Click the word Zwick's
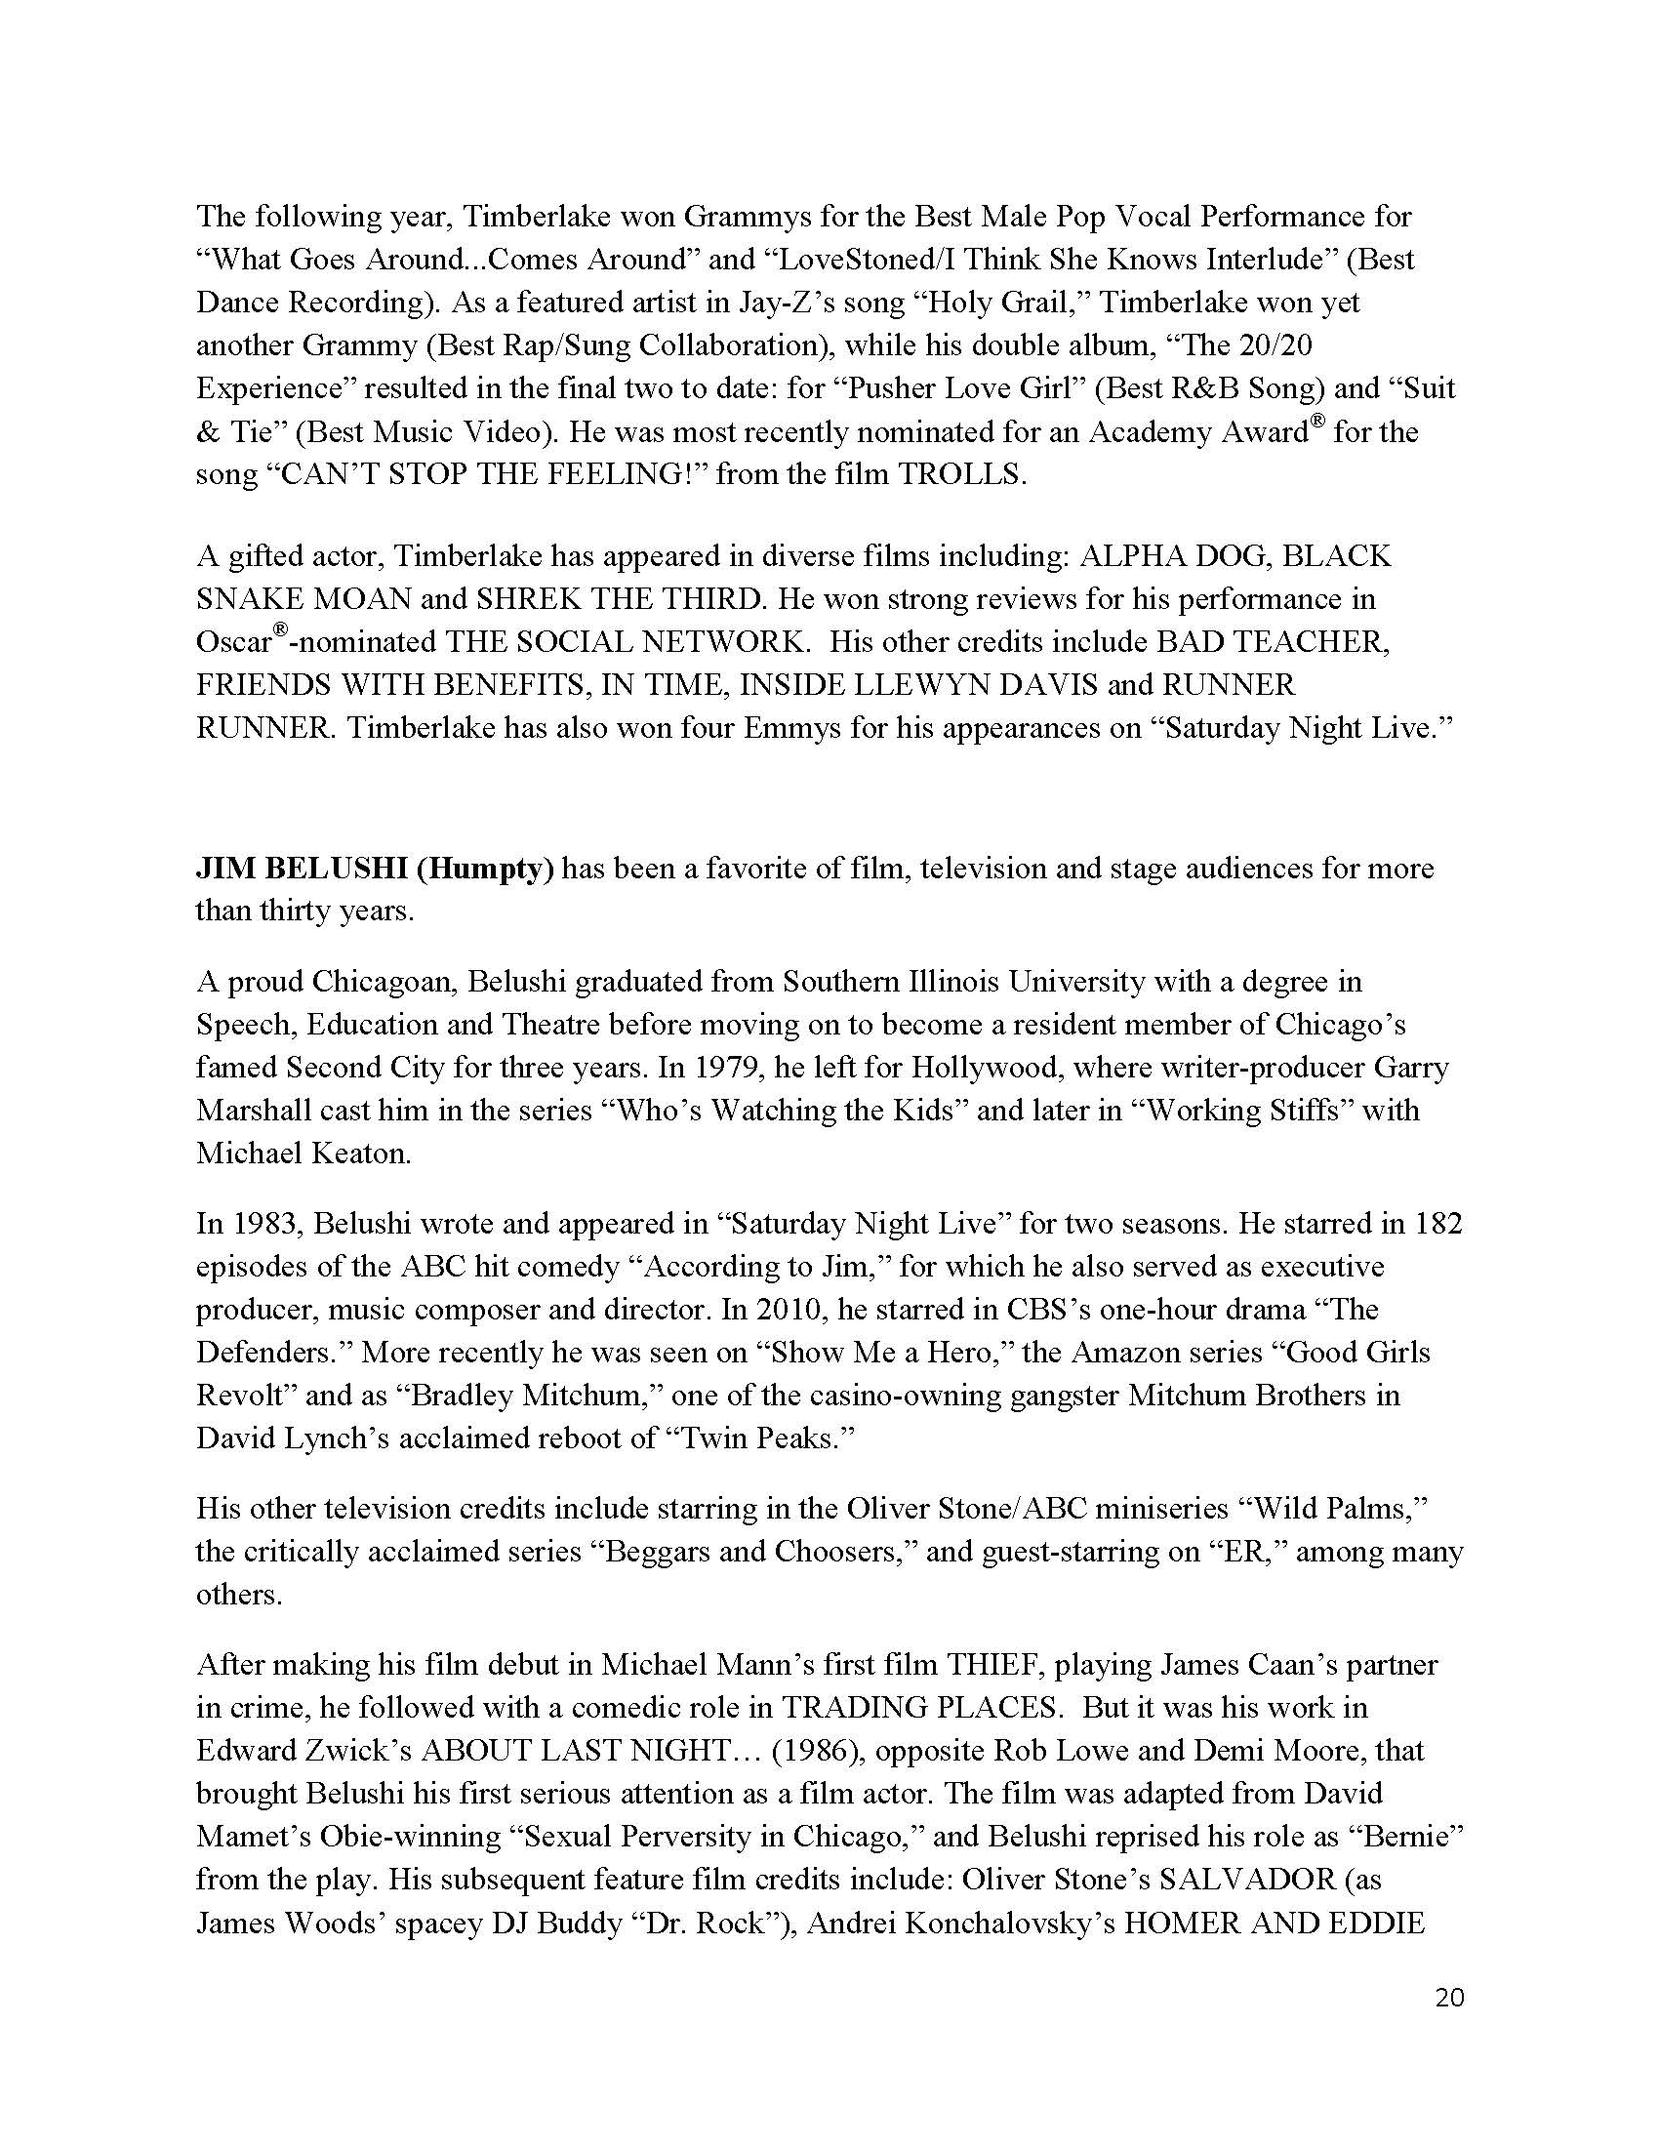(361, 1751)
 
